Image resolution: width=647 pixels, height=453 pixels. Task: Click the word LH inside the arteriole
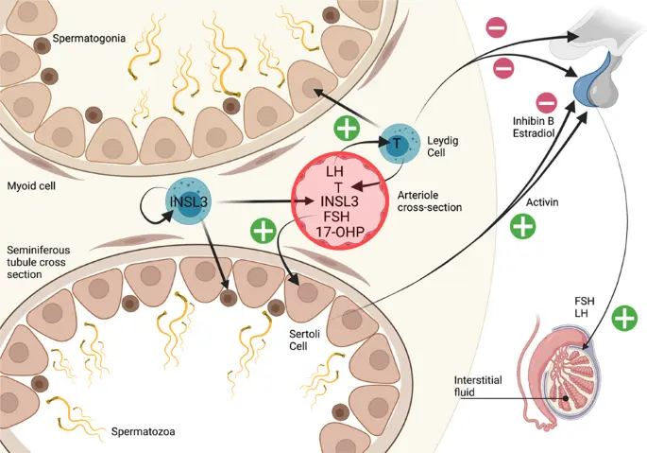coord(333,171)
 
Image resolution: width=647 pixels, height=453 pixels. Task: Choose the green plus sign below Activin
coord(522,226)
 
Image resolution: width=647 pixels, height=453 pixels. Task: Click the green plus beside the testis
coord(623,319)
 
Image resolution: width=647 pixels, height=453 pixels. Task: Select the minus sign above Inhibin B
coord(545,101)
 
